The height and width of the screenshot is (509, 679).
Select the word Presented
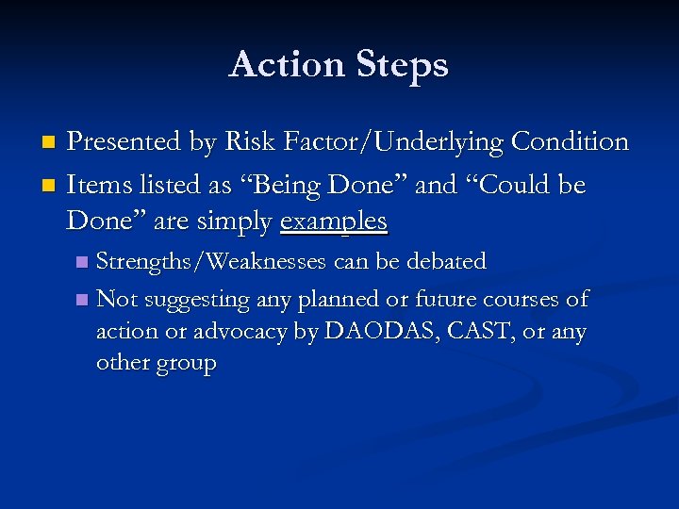tap(124, 142)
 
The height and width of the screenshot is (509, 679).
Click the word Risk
tap(245, 142)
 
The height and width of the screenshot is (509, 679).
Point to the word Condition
tap(570, 142)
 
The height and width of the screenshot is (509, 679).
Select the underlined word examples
tap(334, 222)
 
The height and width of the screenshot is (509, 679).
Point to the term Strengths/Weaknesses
tap(213, 261)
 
